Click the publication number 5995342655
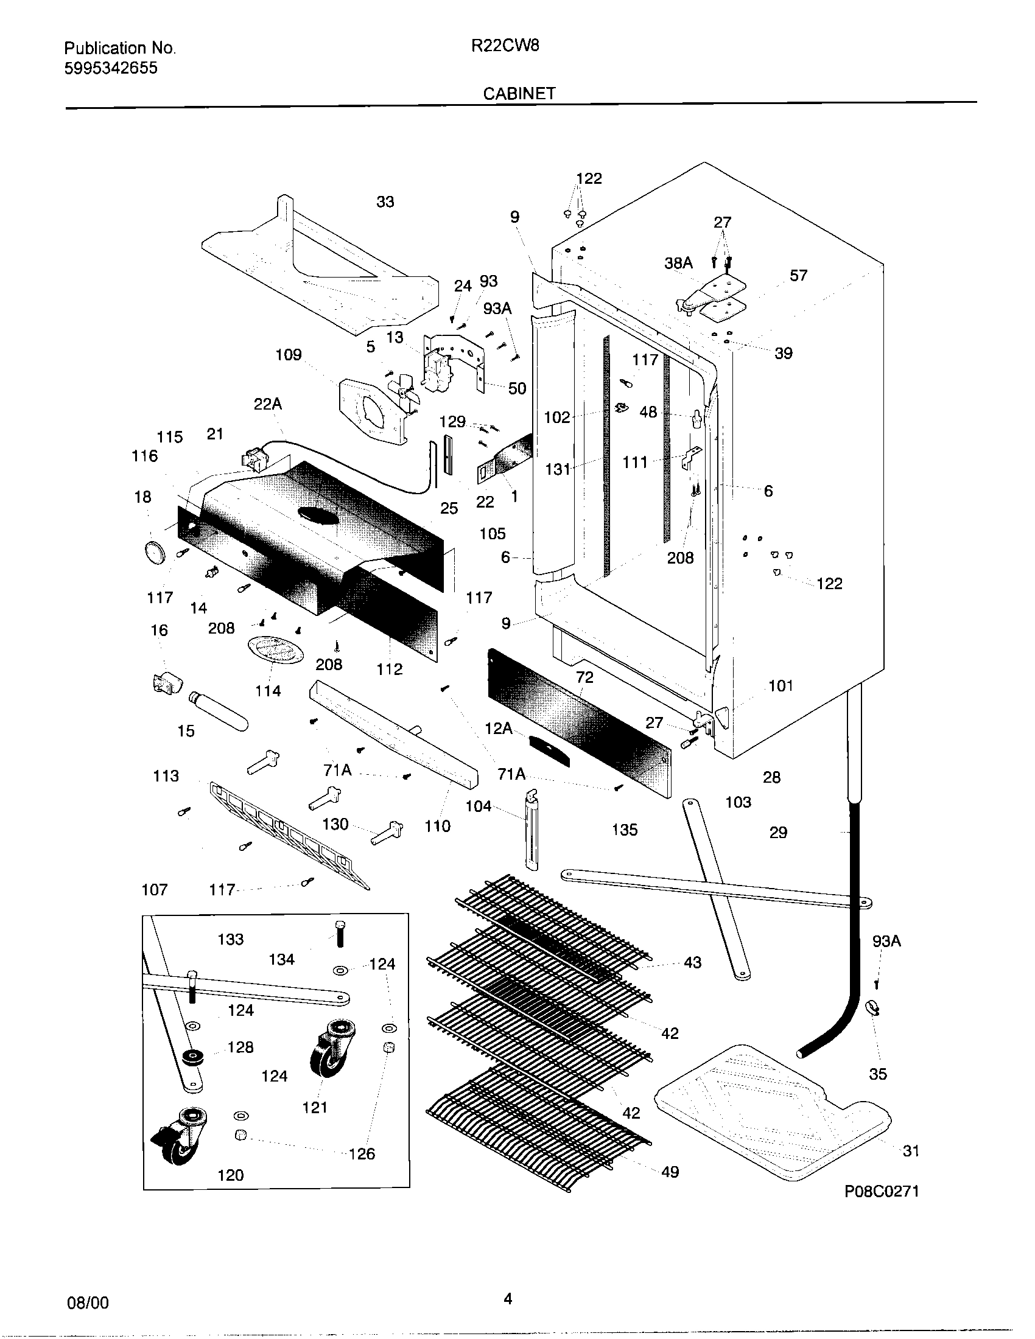[x=110, y=68]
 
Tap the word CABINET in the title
[x=519, y=93]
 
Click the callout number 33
[x=385, y=201]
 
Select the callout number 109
[x=288, y=354]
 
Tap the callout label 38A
[x=678, y=263]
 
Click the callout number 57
[x=798, y=275]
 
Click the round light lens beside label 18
[x=154, y=552]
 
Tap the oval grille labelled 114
[x=275, y=650]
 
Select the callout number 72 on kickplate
[x=584, y=677]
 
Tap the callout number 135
[x=625, y=830]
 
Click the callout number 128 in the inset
[x=240, y=1047]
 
